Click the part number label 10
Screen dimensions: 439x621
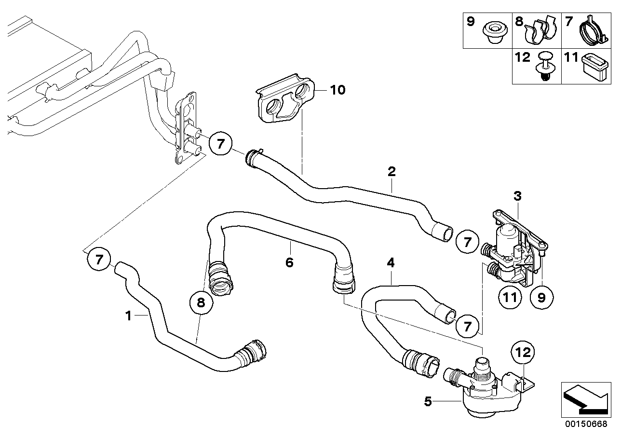[338, 90]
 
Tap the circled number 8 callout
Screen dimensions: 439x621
[201, 302]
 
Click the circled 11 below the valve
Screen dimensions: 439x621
[510, 297]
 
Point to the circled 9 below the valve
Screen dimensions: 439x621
[541, 297]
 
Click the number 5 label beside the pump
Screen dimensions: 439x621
[427, 400]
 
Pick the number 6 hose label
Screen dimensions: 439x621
[289, 262]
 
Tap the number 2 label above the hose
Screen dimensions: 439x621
[391, 171]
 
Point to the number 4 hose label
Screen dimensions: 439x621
[391, 263]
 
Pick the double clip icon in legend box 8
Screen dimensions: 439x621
[541, 31]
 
